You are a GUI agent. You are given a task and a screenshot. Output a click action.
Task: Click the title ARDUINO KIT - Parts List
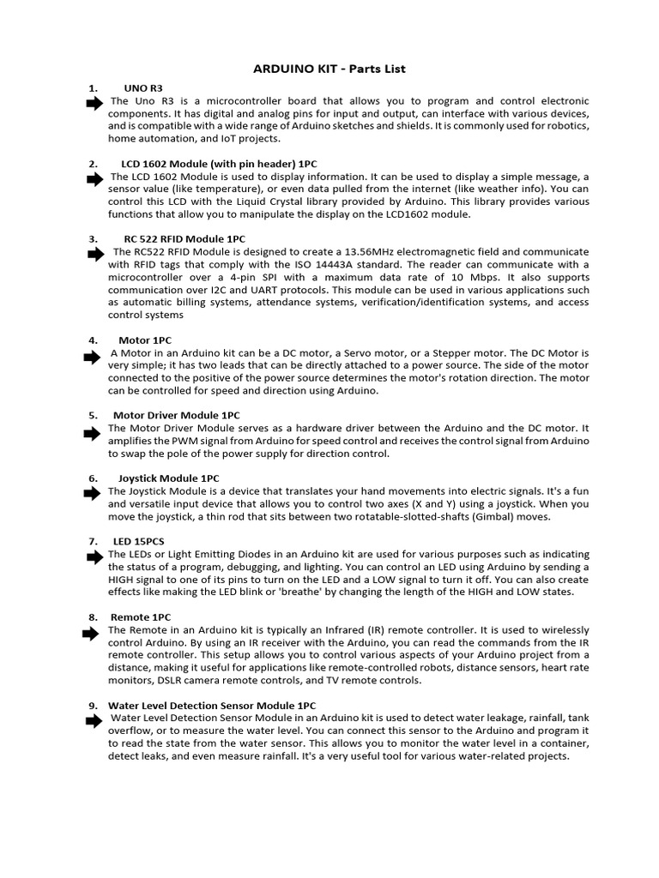click(x=329, y=68)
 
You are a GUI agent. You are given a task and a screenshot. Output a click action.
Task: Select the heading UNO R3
click(x=142, y=87)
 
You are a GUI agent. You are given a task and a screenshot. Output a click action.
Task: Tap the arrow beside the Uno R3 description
click(x=93, y=103)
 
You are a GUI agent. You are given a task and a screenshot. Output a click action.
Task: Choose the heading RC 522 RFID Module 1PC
click(x=185, y=238)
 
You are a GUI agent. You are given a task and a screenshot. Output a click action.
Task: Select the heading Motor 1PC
click(x=145, y=340)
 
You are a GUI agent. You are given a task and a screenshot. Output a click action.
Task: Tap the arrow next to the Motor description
click(x=93, y=356)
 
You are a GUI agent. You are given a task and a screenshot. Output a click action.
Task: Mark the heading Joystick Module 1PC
click(x=168, y=477)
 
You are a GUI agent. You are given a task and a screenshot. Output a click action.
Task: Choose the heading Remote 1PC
click(x=141, y=616)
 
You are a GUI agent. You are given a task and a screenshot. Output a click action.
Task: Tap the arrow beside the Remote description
click(x=90, y=634)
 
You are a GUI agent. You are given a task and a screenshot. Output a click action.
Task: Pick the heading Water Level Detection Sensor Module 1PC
click(x=212, y=705)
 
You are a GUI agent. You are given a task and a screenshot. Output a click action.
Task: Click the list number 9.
click(x=93, y=705)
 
